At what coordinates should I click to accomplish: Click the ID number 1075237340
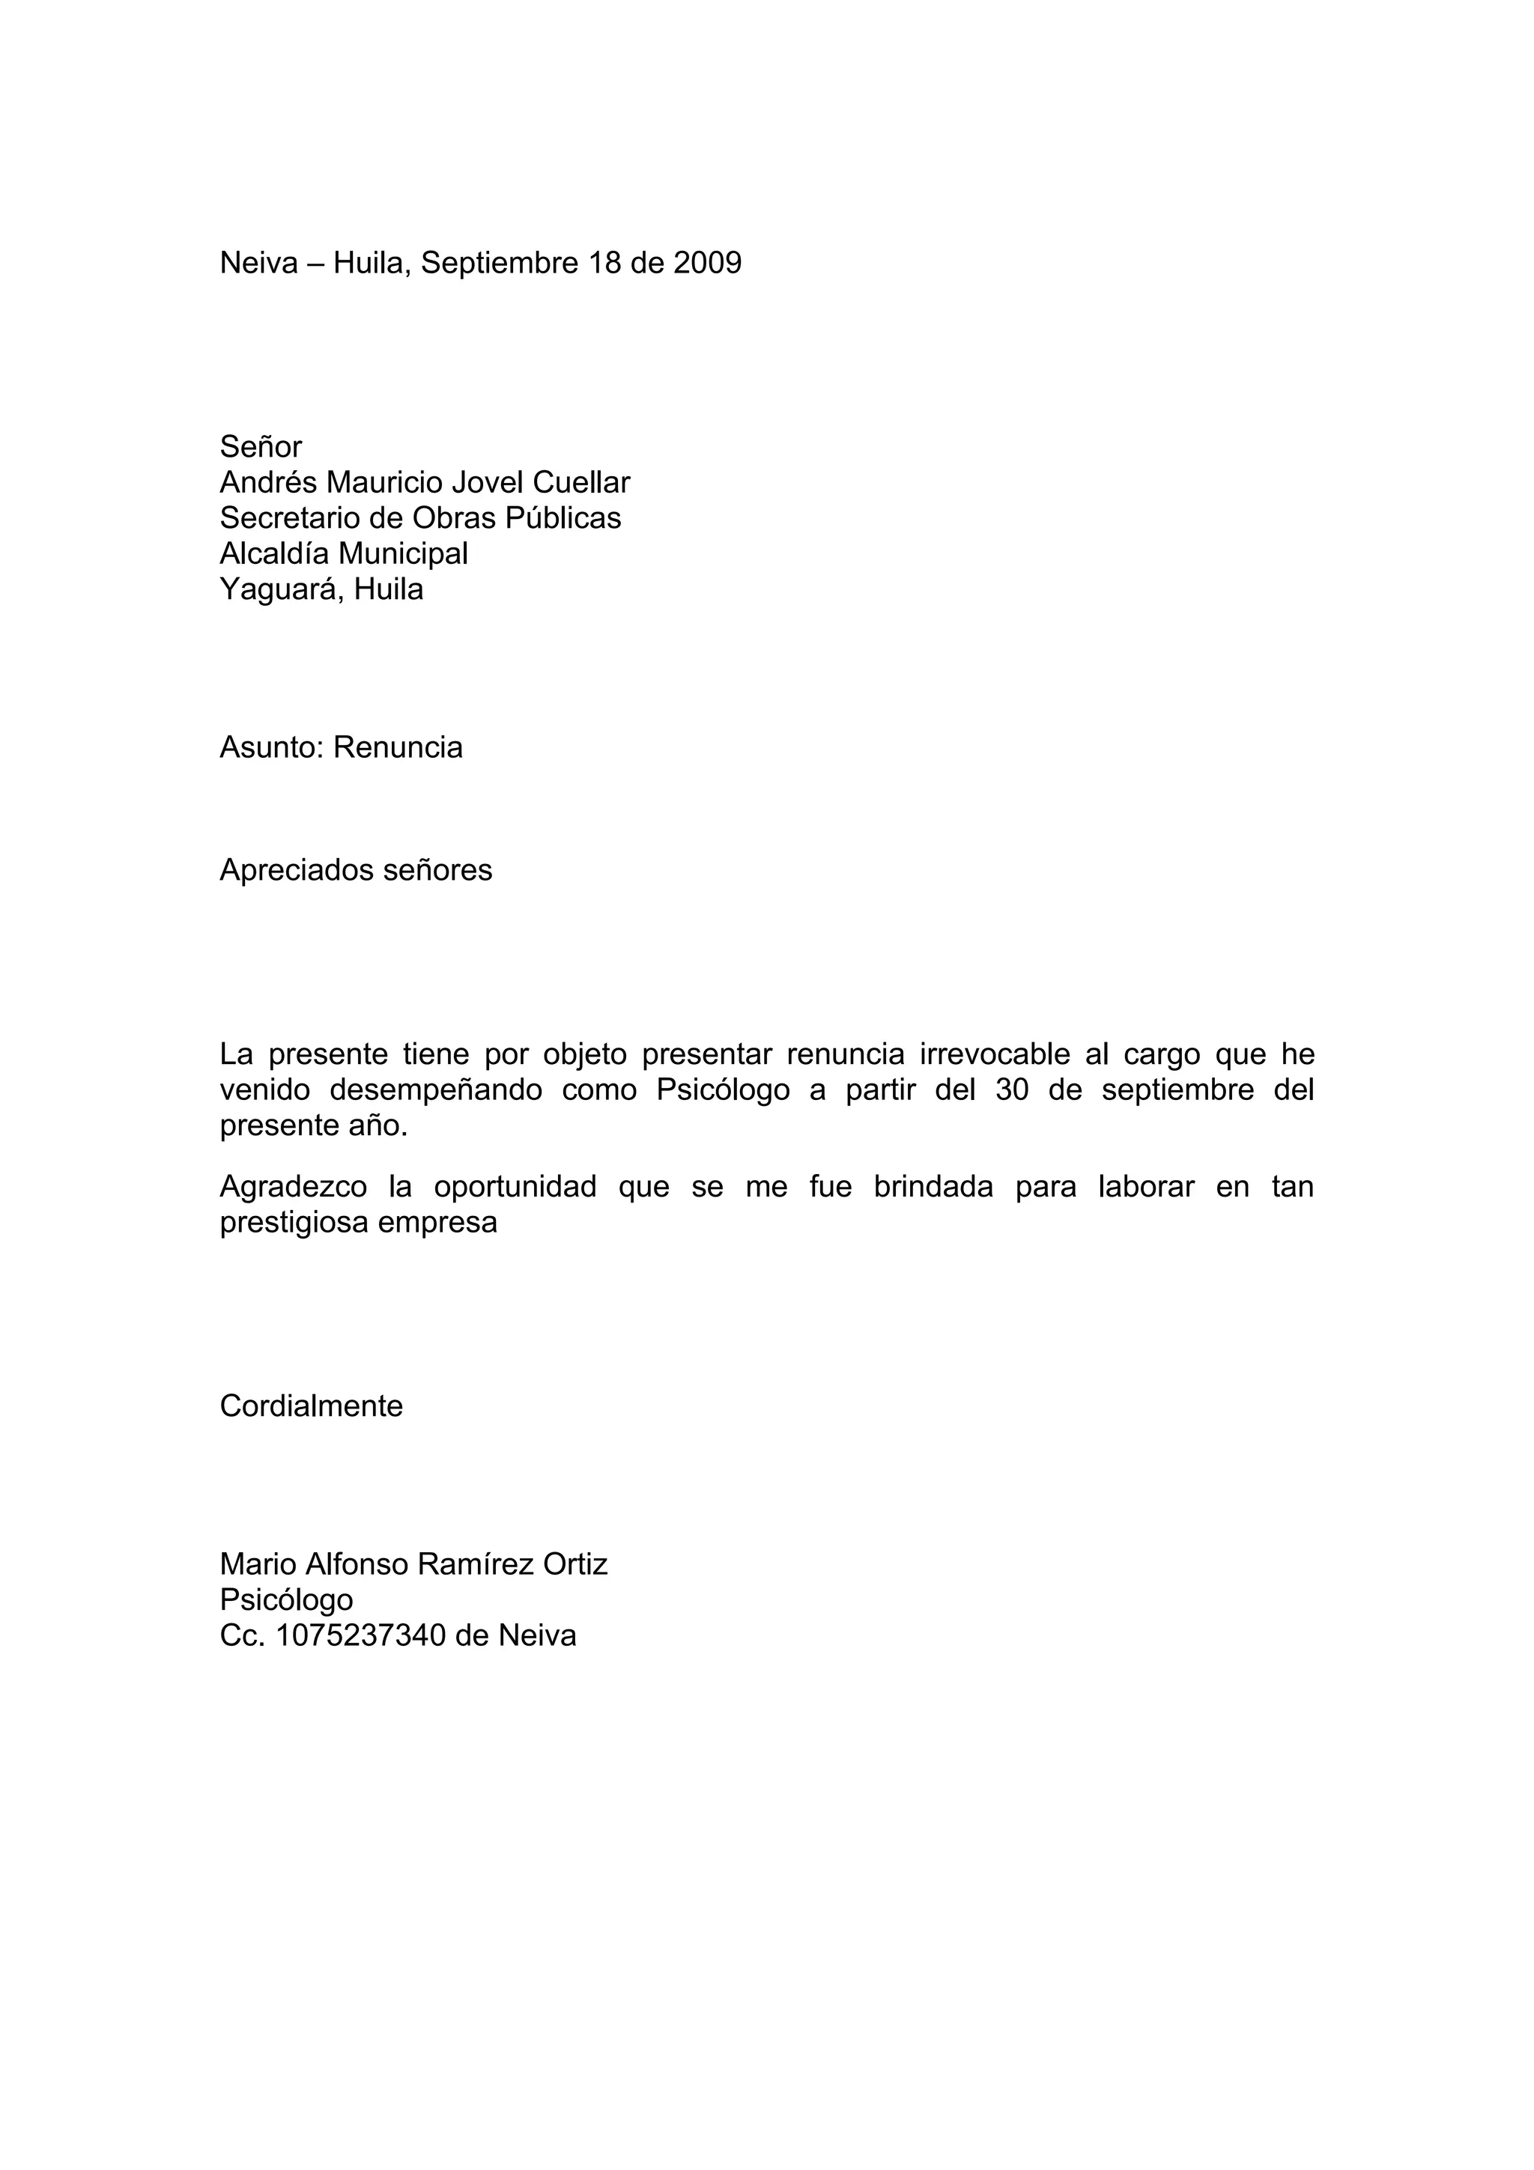click(360, 1636)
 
